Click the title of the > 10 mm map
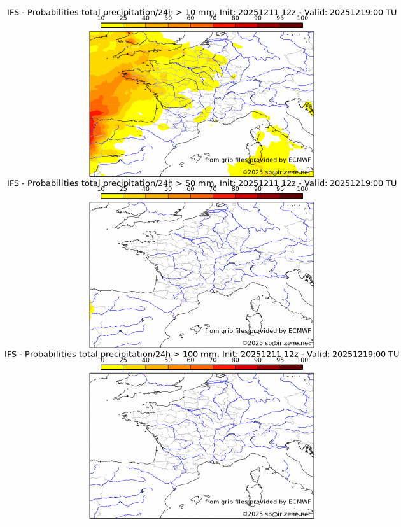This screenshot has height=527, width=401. pos(201,13)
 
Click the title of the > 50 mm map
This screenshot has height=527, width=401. pos(201,183)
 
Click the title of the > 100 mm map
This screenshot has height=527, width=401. pos(201,354)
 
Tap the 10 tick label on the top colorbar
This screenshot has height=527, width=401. pos(101,19)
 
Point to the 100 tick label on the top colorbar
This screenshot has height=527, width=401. pos(302,19)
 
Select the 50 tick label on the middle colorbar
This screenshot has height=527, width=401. pos(168,190)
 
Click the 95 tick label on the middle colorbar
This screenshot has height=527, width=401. pos(280,190)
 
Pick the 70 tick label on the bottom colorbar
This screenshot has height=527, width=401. pos(213,360)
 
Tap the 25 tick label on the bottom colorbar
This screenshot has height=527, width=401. pos(123,360)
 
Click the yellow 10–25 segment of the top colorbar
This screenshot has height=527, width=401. pos(112,25)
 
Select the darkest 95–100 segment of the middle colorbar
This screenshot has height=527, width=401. pos(291,196)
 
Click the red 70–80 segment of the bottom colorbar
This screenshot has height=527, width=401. pos(223,367)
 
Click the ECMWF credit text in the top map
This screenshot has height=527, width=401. pos(258,160)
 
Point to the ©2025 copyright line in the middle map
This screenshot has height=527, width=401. pos(276,343)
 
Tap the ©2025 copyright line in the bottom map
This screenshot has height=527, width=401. pos(276,514)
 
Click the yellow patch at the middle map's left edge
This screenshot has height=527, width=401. pos(92,310)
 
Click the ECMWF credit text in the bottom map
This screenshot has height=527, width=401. pos(258,502)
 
